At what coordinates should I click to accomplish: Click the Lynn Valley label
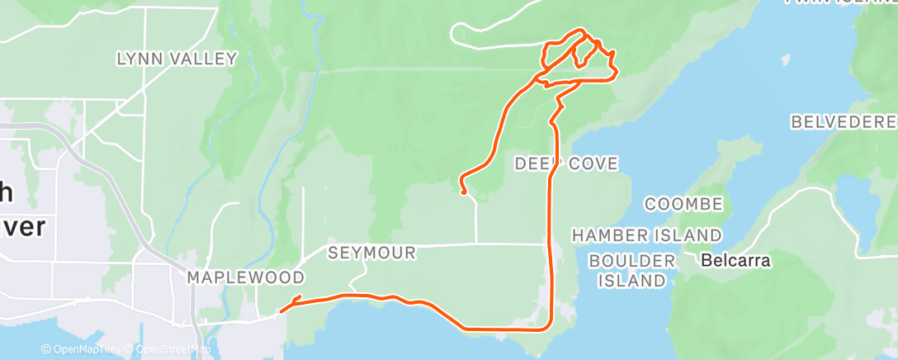(x=177, y=59)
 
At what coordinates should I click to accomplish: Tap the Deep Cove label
(x=566, y=163)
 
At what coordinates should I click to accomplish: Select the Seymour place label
(x=371, y=253)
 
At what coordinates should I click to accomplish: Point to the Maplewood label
(x=246, y=277)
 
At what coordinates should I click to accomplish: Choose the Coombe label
(x=684, y=204)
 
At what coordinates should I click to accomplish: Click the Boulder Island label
(x=631, y=270)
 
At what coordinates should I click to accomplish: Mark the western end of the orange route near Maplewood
(x=281, y=311)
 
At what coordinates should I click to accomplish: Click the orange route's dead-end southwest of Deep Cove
(x=465, y=192)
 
